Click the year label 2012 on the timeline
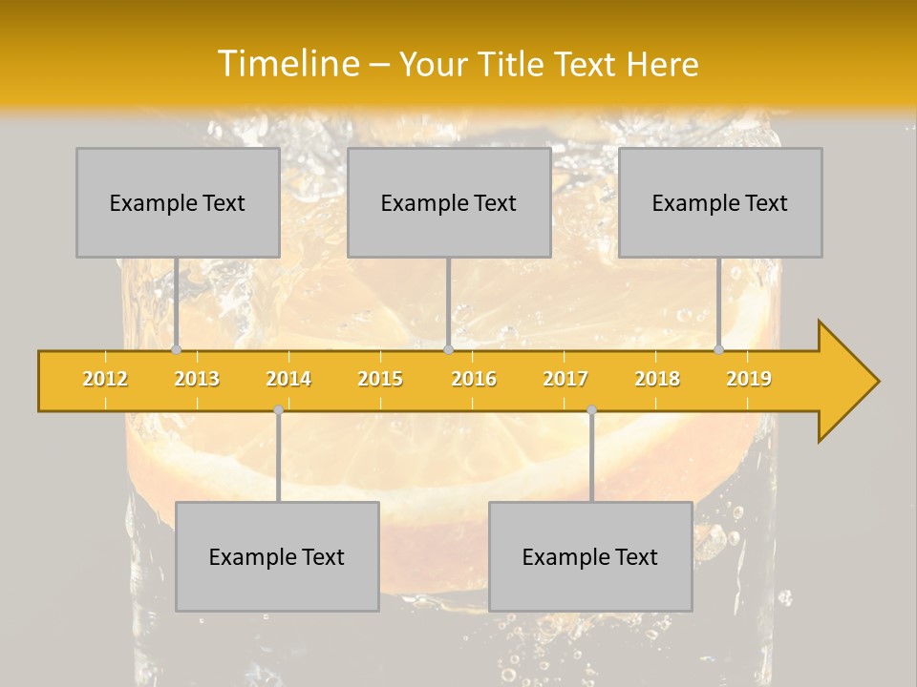(x=105, y=379)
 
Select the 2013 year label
(x=197, y=379)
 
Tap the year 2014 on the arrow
(x=288, y=379)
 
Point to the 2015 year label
(x=380, y=379)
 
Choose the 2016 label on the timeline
(x=474, y=379)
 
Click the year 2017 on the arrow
(x=565, y=379)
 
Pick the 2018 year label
(x=657, y=379)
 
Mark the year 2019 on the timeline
(x=749, y=379)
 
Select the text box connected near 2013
(x=178, y=202)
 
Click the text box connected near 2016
(x=449, y=202)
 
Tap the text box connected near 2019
(x=720, y=202)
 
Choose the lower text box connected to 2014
(x=277, y=556)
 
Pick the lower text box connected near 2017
(x=590, y=556)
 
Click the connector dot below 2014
(x=278, y=410)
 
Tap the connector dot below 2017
(x=591, y=410)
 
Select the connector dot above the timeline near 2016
(x=448, y=349)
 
